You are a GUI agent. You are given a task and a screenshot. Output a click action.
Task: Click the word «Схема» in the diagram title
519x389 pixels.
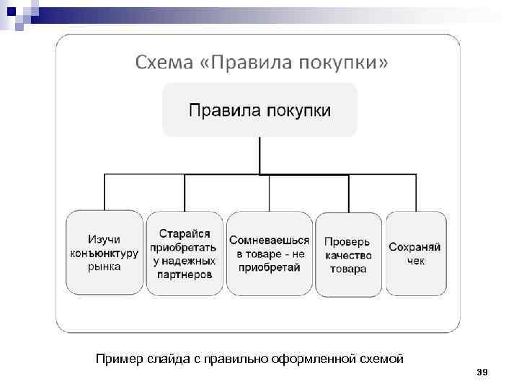point(160,63)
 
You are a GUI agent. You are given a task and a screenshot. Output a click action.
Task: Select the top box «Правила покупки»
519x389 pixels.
point(259,110)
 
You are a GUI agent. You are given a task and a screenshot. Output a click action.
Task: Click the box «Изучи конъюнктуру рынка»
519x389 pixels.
point(105,252)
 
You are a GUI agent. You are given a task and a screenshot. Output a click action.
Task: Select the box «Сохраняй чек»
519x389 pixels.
point(415,253)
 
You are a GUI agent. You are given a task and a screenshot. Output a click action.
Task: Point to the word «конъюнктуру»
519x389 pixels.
point(105,253)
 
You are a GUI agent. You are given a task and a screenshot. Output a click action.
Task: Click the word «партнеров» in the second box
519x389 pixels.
point(185,274)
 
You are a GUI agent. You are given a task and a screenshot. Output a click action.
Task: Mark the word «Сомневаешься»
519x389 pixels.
point(269,240)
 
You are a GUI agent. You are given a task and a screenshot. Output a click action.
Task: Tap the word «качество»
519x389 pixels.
point(348,255)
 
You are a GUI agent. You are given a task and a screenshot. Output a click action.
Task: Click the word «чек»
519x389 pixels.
point(415,261)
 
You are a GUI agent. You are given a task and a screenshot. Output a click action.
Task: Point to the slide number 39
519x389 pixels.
point(483,372)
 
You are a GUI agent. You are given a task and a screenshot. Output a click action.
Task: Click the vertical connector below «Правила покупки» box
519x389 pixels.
point(259,155)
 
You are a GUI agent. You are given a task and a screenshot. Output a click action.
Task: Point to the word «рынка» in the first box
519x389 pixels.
point(105,266)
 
